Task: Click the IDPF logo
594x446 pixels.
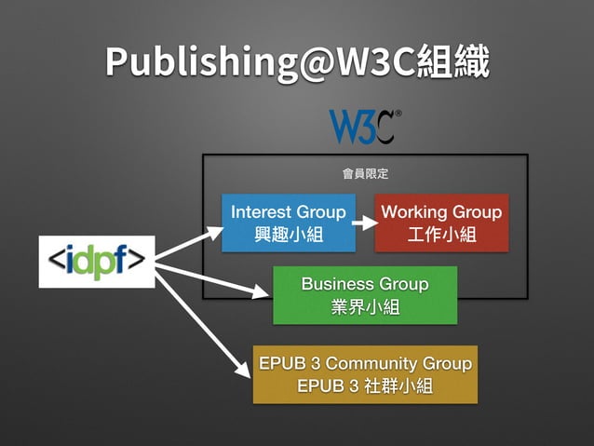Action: tap(97, 262)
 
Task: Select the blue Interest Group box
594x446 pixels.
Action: tap(288, 223)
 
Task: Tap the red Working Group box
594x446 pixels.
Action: tap(441, 223)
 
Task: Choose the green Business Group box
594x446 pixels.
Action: tap(365, 294)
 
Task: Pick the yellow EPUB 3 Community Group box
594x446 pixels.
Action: tap(365, 374)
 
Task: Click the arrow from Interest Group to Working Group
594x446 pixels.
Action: tap(364, 223)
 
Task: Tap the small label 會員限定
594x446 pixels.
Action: tap(365, 173)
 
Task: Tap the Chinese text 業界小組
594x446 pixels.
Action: tap(365, 306)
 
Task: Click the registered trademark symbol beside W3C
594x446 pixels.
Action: tap(398, 115)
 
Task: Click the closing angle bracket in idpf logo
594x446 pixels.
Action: tap(138, 262)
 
